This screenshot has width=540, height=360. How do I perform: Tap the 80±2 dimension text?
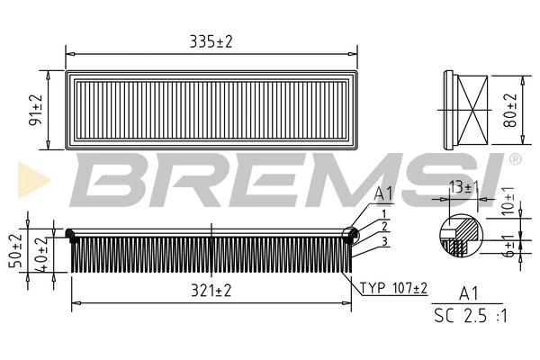[511, 110]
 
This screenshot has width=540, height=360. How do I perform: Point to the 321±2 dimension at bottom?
[211, 290]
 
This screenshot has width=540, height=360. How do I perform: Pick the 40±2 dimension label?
[39, 253]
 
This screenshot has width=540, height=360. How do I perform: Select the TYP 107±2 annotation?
[394, 288]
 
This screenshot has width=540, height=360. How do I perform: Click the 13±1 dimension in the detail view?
[462, 187]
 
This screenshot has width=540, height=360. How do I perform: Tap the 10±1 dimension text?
[508, 201]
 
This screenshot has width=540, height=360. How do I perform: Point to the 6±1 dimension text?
[508, 245]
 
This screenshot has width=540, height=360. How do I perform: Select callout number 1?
[383, 213]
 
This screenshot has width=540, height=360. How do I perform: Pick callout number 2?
[383, 227]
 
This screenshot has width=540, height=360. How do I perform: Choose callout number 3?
[383, 241]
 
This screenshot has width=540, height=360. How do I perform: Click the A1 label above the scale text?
[468, 292]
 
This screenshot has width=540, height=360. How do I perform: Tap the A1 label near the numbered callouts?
[383, 193]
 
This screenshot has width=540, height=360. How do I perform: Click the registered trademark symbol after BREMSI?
[514, 159]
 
